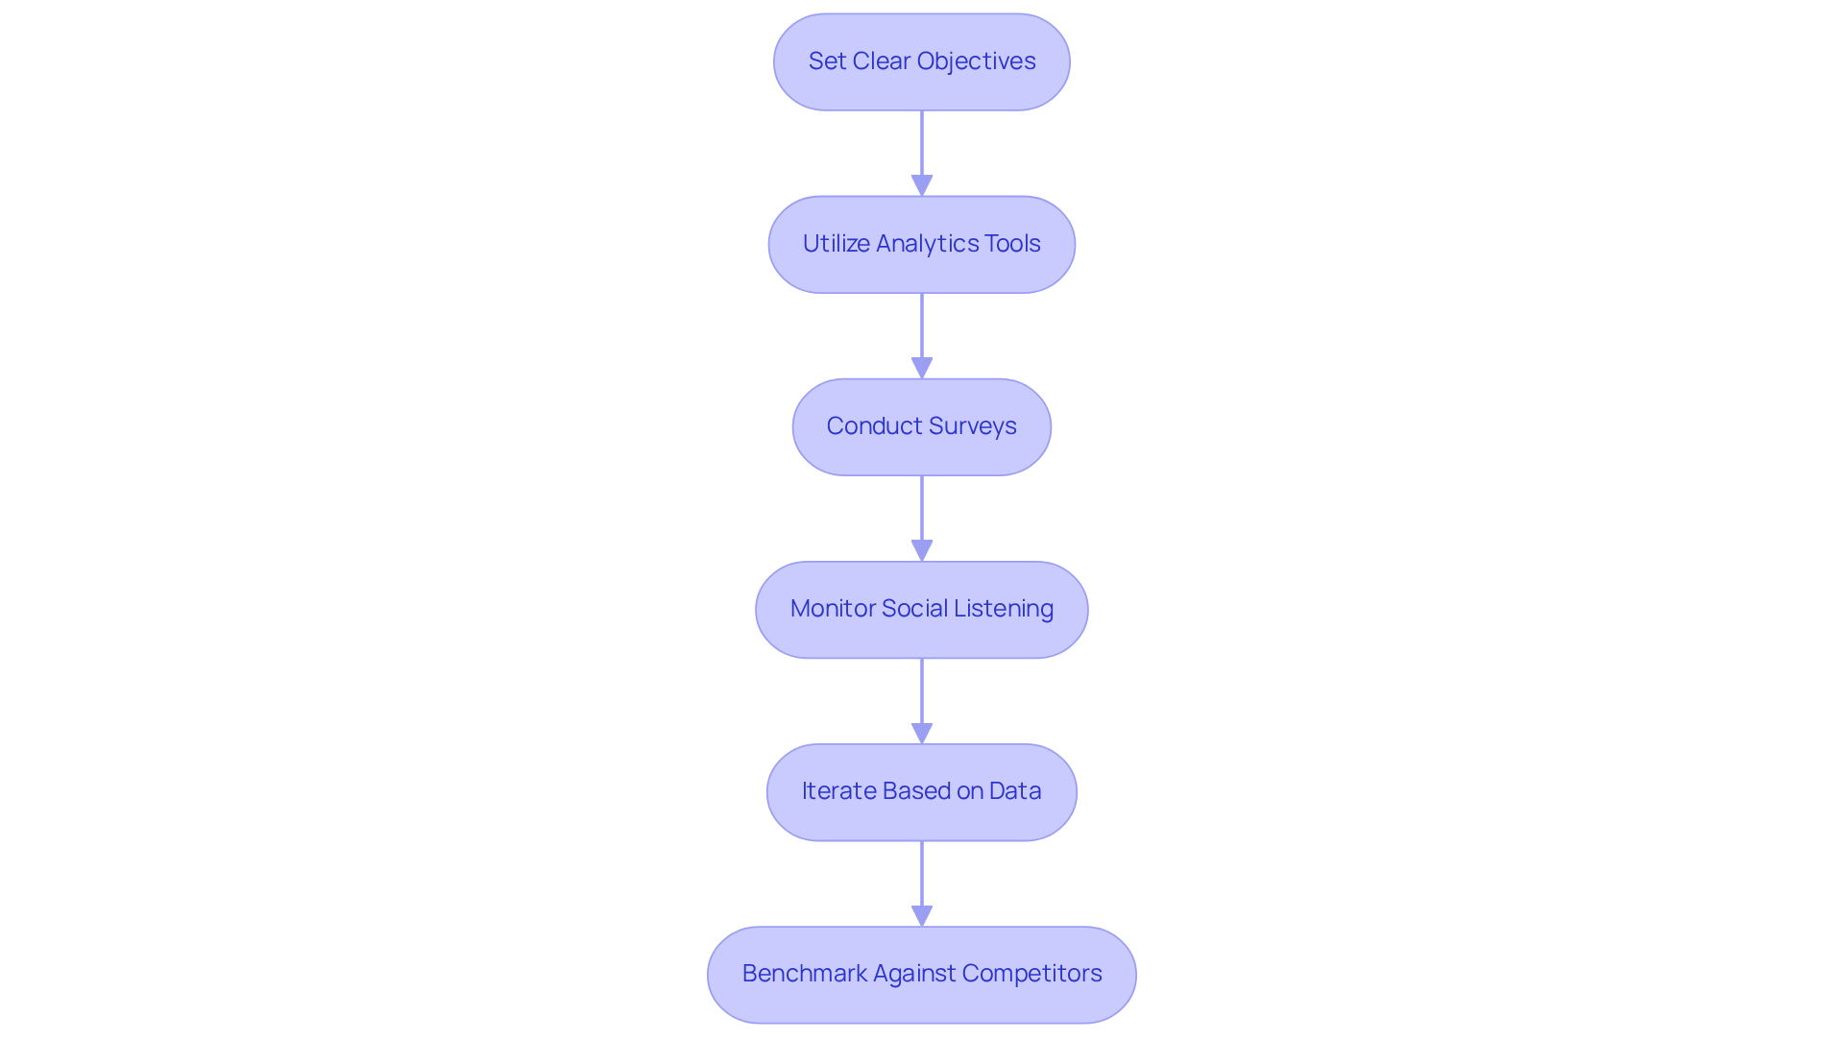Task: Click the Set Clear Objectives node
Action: click(921, 61)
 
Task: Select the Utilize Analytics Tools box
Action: click(921, 244)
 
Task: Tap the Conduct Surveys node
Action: click(921, 426)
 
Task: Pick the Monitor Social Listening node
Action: click(921, 609)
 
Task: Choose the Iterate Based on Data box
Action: click(921, 791)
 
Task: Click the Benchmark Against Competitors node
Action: click(921, 974)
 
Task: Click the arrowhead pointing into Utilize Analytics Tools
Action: click(922, 185)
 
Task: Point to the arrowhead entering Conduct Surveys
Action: click(922, 368)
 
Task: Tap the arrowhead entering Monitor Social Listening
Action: click(922, 550)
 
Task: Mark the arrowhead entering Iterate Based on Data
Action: click(922, 733)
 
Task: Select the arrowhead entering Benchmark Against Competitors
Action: click(922, 915)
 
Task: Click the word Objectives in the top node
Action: click(976, 61)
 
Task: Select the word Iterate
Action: click(838, 791)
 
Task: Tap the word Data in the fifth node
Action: click(1015, 791)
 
